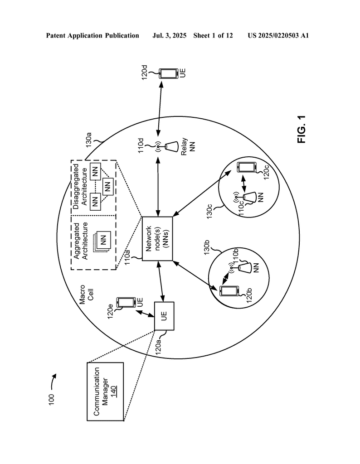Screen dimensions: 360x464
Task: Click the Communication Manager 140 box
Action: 105,391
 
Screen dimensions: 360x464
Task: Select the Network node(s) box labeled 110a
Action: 157,239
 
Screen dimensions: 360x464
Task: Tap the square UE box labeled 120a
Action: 164,316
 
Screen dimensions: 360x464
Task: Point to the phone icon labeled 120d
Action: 168,74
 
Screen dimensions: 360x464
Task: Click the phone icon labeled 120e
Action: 126,302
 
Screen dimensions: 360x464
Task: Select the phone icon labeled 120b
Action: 229,291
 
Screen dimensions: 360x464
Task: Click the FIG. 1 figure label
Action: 302,129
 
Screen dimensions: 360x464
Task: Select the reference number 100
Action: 52,400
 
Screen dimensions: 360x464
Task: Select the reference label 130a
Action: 88,140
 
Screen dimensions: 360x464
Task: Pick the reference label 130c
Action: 209,211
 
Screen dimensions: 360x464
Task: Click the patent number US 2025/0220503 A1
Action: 278,36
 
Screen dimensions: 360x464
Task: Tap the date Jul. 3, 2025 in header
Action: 169,36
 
